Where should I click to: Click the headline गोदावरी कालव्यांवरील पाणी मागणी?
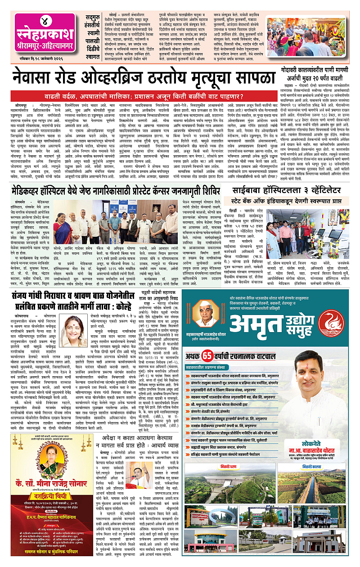[317, 70]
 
